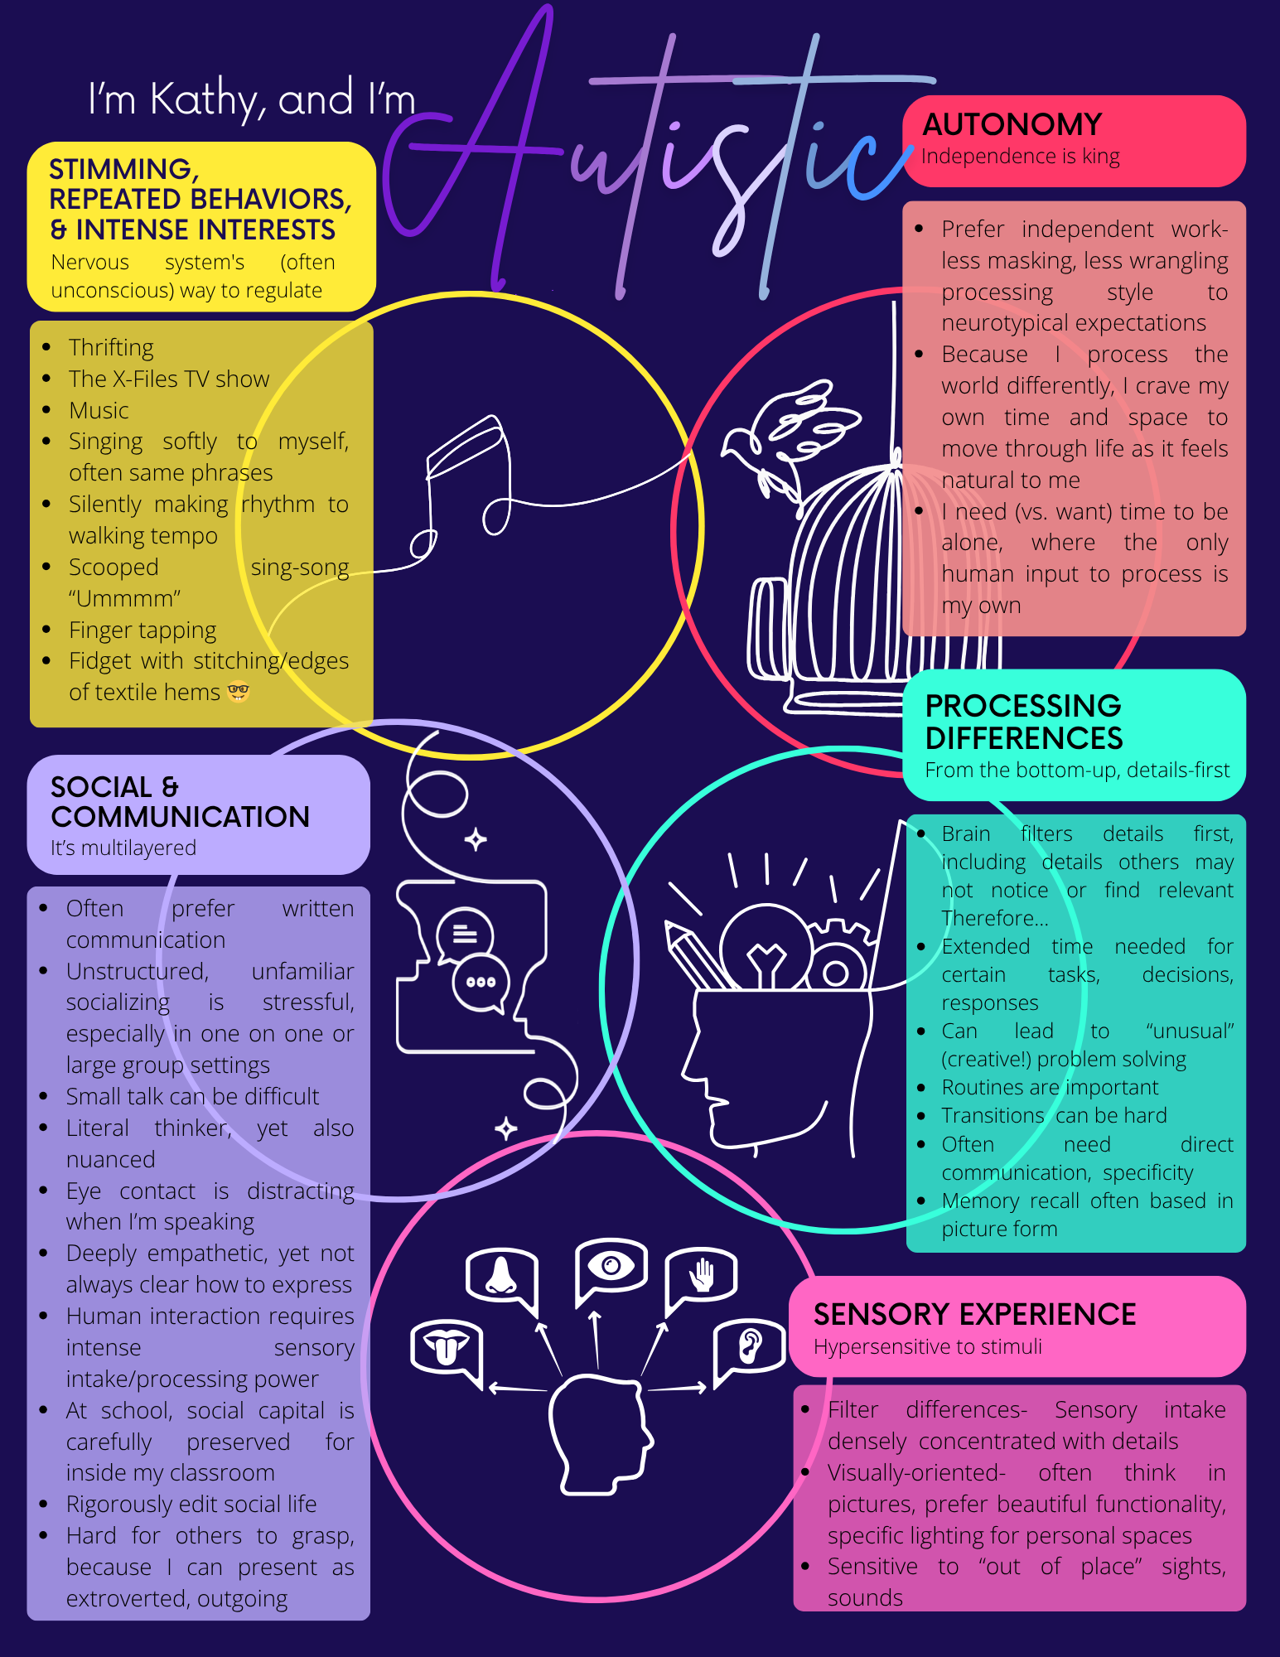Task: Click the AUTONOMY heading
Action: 1012,124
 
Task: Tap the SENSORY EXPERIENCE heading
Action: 974,1314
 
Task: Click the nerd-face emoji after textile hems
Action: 239,691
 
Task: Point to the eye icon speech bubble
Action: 611,1266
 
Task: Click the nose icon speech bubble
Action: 501,1275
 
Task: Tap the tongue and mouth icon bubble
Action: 446,1347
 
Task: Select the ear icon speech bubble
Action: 749,1345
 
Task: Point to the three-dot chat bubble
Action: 481,983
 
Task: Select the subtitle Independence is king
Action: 1020,157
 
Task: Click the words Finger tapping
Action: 142,630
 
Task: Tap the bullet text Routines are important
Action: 1050,1087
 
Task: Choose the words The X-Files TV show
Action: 169,379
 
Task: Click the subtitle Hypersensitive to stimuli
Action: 927,1346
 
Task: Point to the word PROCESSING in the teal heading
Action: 1022,706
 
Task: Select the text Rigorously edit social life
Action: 191,1504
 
